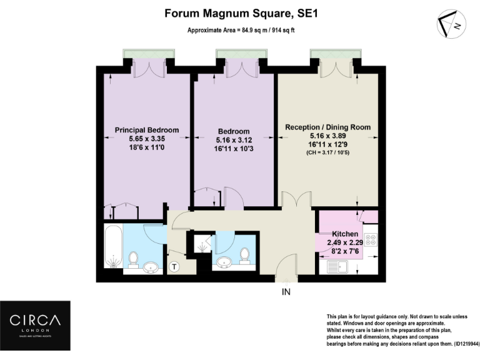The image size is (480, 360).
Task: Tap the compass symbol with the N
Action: [452, 24]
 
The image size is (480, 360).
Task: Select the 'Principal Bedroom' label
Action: [147, 130]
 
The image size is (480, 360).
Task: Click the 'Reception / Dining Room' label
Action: [327, 127]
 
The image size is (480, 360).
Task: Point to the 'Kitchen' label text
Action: [345, 234]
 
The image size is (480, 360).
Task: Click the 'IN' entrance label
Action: [286, 292]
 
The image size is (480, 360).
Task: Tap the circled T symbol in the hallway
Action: [174, 267]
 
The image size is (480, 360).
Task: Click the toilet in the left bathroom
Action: [132, 259]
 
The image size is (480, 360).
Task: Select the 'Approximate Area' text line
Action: [240, 30]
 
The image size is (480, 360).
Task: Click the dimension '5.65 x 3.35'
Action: [147, 140]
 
